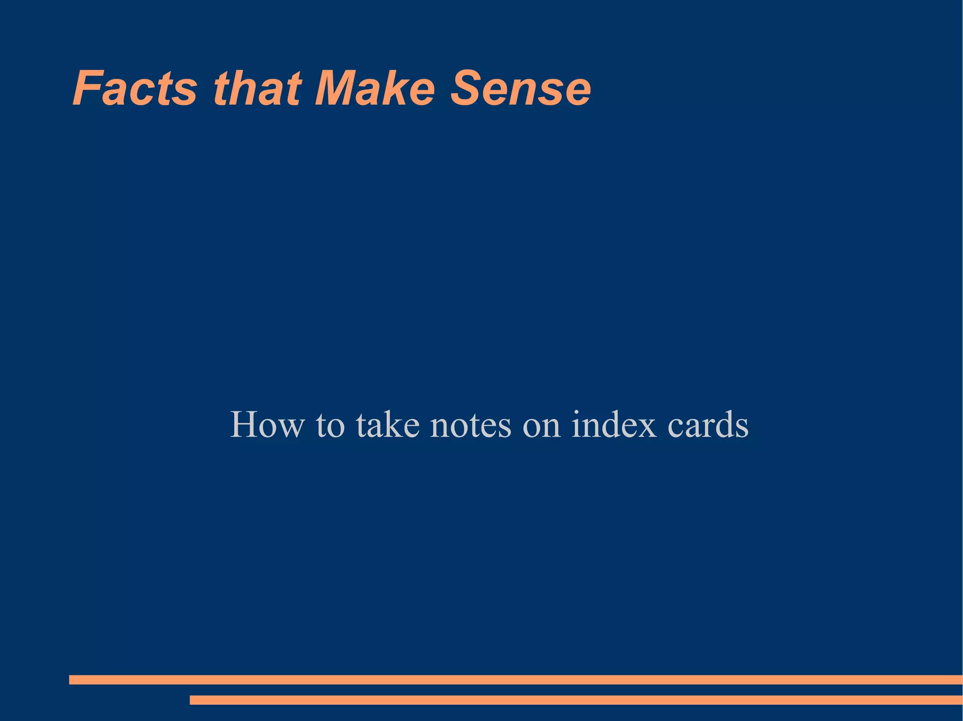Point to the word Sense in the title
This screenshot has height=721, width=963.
click(521, 88)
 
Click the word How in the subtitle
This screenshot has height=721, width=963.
click(267, 425)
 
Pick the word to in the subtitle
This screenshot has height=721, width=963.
click(330, 426)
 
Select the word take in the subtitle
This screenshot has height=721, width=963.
click(387, 425)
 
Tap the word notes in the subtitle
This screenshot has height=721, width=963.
click(471, 426)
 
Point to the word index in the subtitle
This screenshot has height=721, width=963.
click(614, 425)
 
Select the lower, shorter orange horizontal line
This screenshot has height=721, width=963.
click(576, 700)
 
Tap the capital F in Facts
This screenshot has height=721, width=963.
click(88, 88)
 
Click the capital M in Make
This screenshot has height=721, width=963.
click(337, 88)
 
